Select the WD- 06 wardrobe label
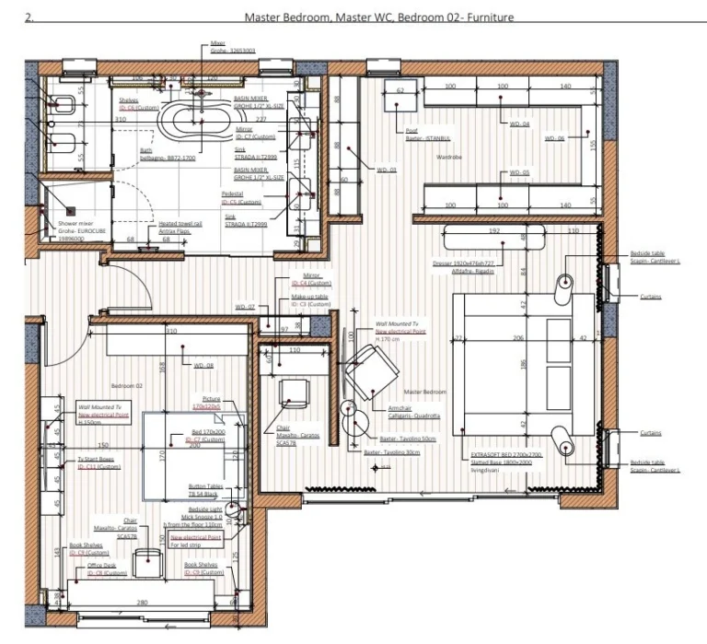click(554, 139)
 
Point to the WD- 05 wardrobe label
click(520, 172)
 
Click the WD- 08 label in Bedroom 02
click(203, 365)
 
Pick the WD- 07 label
click(245, 306)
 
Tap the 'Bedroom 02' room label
click(128, 384)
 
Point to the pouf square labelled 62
click(401, 92)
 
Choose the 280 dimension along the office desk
click(143, 603)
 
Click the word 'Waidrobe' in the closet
click(448, 157)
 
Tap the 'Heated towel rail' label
click(180, 223)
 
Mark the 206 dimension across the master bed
click(516, 338)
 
